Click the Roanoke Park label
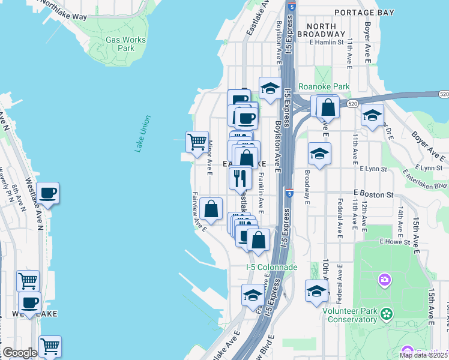(324, 87)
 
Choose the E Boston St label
(373, 194)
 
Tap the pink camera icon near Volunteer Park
(384, 280)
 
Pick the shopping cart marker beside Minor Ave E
(197, 142)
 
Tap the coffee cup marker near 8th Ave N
(47, 193)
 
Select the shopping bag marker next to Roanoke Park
(328, 108)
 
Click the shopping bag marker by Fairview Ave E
(211, 209)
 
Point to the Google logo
(20, 353)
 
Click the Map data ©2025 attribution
(423, 355)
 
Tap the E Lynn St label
(427, 169)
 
